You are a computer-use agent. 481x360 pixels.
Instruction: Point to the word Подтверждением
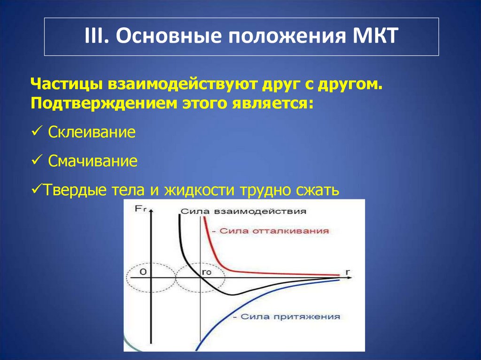click(104, 104)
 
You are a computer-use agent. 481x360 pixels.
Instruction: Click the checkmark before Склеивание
click(37, 132)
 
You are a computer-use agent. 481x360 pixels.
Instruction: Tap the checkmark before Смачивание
click(37, 161)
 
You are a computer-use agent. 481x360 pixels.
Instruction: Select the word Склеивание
click(92, 132)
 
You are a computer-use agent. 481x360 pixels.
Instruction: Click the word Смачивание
click(93, 161)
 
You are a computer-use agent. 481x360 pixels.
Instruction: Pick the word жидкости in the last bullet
click(199, 190)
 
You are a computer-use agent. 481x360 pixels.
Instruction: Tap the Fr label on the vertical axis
click(140, 209)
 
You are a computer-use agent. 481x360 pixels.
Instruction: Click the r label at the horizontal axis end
click(348, 272)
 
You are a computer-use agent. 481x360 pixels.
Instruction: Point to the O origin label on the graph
click(143, 272)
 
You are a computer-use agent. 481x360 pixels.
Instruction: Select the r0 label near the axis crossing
click(207, 272)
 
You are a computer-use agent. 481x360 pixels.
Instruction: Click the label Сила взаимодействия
click(243, 211)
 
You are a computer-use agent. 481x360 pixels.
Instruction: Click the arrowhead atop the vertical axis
click(151, 210)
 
